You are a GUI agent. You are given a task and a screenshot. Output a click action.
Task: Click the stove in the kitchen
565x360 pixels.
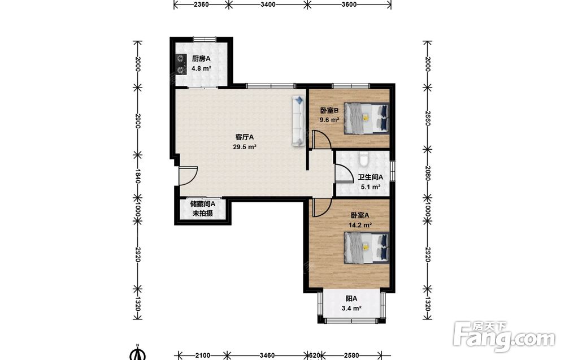click(x=180, y=64)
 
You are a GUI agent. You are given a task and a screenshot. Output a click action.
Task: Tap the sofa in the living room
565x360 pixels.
click(x=298, y=121)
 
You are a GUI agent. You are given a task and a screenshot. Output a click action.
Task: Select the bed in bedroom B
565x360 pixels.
click(x=367, y=118)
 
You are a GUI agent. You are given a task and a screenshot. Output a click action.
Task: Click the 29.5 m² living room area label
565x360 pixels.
click(x=245, y=147)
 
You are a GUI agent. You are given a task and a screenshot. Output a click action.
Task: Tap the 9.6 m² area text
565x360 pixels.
click(x=329, y=120)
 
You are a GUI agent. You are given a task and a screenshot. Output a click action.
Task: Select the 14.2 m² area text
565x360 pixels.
click(x=360, y=225)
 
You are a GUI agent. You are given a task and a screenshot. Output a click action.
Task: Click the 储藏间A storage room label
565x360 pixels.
click(x=203, y=204)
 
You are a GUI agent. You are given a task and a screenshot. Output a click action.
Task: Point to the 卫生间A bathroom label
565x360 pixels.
click(x=371, y=177)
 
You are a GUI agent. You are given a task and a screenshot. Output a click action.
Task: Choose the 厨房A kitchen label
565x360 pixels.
click(x=201, y=59)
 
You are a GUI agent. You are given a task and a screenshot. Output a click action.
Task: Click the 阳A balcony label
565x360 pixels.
click(x=351, y=299)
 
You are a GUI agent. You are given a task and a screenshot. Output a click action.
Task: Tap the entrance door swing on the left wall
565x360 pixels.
click(x=188, y=176)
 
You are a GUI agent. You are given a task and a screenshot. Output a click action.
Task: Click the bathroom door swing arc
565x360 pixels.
click(x=345, y=174)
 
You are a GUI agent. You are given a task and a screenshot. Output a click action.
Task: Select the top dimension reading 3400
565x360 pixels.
click(x=268, y=5)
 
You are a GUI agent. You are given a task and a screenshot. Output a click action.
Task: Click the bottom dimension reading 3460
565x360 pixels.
click(x=267, y=355)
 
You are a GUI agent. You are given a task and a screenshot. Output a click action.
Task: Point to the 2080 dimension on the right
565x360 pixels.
click(x=428, y=174)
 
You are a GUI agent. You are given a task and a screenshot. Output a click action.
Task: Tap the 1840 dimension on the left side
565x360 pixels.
click(x=137, y=176)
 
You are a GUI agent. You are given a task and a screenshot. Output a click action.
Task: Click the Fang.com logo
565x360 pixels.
click(x=505, y=336)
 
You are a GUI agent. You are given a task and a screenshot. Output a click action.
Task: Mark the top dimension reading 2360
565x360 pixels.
click(x=201, y=5)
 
